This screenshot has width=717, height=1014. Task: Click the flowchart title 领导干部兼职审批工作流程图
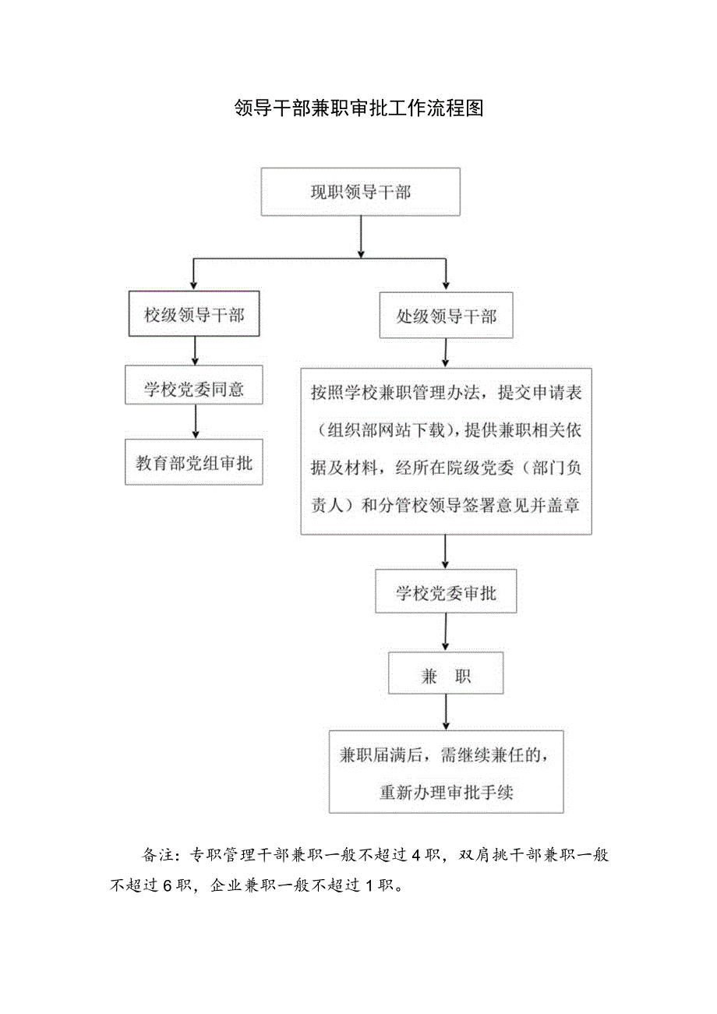pyautogui.click(x=358, y=108)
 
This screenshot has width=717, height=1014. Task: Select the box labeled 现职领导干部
pyautogui.click(x=360, y=192)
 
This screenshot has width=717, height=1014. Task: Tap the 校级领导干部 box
pyautogui.click(x=193, y=315)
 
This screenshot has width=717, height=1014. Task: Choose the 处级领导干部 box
pyautogui.click(x=446, y=316)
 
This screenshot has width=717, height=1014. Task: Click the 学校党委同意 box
pyautogui.click(x=194, y=389)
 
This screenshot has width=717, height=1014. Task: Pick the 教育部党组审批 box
pyautogui.click(x=194, y=463)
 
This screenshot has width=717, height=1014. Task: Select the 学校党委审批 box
pyautogui.click(x=445, y=594)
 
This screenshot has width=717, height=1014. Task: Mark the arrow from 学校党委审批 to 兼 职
pyautogui.click(x=445, y=632)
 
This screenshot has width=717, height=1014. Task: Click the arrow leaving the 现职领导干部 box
pyautogui.click(x=360, y=236)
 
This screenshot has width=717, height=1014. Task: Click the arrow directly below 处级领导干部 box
pyautogui.click(x=445, y=353)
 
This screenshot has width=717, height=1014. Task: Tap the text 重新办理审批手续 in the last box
pyautogui.click(x=446, y=792)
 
